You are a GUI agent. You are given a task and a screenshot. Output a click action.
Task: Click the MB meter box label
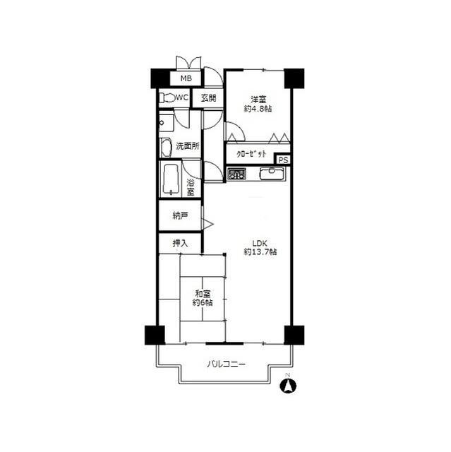tap(186, 78)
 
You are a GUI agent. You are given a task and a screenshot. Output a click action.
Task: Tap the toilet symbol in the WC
tap(167, 97)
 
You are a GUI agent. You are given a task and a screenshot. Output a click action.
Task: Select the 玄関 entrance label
tap(208, 98)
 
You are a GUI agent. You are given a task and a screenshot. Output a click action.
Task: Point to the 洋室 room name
tap(258, 100)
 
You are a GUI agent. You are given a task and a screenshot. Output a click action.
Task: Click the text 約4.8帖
tap(258, 109)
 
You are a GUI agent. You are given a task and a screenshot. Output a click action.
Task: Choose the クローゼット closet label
tap(251, 154)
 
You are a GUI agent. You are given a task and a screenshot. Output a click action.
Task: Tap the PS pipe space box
tap(283, 160)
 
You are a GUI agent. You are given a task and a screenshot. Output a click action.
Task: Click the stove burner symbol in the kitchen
tap(236, 174)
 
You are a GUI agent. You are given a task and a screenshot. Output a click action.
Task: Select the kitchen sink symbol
tap(272, 174)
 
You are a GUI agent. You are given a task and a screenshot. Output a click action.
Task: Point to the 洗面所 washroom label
tap(188, 146)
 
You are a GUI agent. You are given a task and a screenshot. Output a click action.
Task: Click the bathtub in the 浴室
tap(171, 179)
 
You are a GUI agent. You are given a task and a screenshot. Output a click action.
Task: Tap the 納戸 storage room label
tap(180, 215)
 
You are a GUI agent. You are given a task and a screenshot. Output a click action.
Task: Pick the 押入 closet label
tap(180, 244)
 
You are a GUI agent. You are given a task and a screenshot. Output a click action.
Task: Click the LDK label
tap(260, 243)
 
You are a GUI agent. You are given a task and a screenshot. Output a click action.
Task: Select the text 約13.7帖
tap(260, 252)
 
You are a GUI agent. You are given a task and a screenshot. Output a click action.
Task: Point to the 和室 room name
tap(203, 294)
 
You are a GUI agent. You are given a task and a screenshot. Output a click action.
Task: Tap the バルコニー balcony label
tap(226, 364)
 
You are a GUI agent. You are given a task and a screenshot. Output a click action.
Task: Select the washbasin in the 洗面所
tap(166, 148)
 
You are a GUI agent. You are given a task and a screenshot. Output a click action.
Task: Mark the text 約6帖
tap(203, 303)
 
